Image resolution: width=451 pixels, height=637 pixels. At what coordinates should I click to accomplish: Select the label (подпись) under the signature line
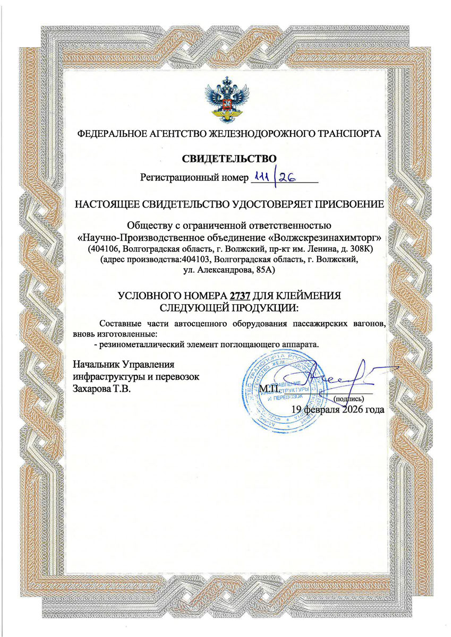(347, 398)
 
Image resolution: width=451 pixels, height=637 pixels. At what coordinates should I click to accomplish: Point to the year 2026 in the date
(353, 409)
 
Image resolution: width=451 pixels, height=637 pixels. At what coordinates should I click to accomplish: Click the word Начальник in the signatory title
(96, 365)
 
